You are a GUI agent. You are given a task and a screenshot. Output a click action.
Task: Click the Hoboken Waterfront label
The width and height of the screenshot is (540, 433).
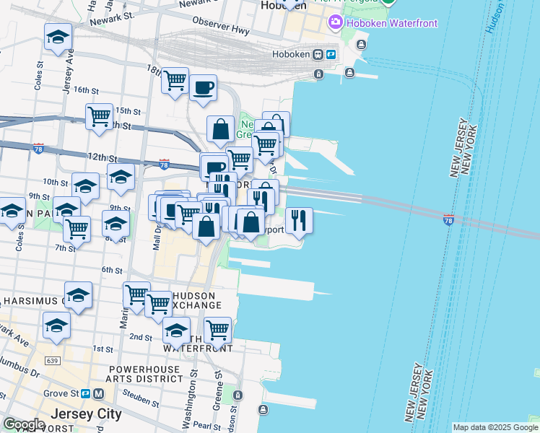click(x=392, y=23)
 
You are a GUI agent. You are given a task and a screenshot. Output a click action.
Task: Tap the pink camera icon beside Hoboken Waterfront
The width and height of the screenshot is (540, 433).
click(x=335, y=23)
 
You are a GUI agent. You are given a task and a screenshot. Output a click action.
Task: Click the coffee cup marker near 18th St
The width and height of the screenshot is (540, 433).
click(x=203, y=88)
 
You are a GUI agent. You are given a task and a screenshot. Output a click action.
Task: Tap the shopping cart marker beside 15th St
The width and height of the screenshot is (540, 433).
click(x=99, y=116)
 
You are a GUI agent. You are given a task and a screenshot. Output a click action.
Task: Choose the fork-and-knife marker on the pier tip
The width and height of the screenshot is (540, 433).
click(x=299, y=219)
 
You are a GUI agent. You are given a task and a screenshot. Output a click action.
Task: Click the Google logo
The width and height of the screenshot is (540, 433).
click(x=24, y=424)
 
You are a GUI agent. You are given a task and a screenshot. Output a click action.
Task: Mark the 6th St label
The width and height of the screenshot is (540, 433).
click(x=112, y=270)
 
